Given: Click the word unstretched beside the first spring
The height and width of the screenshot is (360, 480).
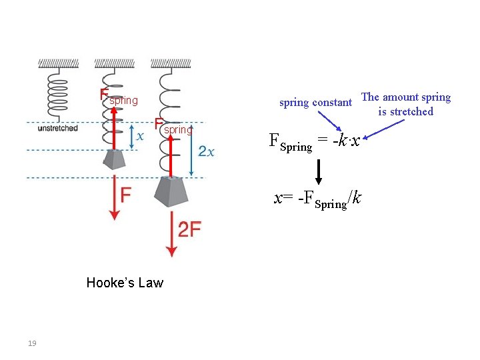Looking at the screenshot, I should (58, 128).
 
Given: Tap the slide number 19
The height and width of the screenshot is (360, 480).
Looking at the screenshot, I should (32, 343).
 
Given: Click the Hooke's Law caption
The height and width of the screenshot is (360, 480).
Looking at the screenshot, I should (125, 283).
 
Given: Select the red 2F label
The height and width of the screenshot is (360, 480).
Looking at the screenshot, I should (190, 230).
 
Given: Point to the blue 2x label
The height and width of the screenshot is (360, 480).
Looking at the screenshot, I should (207, 152).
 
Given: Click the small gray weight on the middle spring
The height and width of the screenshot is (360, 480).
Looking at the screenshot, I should (114, 159).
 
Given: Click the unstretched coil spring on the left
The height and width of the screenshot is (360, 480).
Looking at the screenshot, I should (58, 93).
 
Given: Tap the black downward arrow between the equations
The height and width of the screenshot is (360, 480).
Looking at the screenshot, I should (319, 171).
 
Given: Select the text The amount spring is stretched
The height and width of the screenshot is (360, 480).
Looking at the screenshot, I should (405, 105).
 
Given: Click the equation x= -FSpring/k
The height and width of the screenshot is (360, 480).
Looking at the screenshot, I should (319, 199).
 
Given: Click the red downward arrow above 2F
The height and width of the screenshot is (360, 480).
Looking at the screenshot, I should (171, 233).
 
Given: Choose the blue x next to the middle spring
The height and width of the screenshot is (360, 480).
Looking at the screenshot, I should (139, 136).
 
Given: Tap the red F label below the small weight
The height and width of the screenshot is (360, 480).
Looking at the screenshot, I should (126, 195).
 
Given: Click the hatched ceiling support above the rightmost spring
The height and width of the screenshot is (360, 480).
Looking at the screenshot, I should (171, 63).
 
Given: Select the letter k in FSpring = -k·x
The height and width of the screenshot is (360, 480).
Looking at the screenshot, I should (341, 141).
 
